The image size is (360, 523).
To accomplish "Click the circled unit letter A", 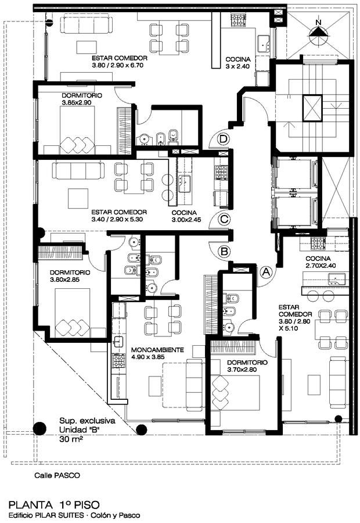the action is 266,272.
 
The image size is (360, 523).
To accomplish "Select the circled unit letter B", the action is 224,251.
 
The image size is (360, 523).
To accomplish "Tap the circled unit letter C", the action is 224,219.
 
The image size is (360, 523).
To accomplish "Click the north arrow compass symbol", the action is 319,33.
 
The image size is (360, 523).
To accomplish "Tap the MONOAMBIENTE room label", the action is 157,350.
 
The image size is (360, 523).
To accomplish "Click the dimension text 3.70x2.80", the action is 242,370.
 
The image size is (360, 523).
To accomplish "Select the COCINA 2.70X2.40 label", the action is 321,262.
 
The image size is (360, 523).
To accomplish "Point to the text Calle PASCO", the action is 57,475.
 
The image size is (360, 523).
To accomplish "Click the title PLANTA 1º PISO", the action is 54,504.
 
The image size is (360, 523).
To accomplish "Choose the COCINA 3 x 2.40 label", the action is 237,63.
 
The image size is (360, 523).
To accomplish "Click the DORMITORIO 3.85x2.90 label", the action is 82,99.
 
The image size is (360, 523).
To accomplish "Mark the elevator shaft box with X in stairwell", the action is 312,108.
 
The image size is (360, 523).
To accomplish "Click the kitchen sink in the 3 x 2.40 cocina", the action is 264,42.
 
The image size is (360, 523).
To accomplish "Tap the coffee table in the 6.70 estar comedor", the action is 87,47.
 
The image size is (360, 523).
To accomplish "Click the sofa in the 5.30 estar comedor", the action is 78,170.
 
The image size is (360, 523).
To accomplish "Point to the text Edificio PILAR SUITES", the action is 46,515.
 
